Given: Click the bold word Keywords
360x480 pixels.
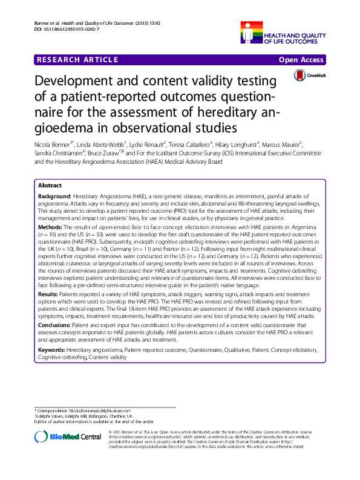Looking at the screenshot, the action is tap(52, 350).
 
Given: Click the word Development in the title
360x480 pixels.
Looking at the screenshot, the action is tap(77, 82).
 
